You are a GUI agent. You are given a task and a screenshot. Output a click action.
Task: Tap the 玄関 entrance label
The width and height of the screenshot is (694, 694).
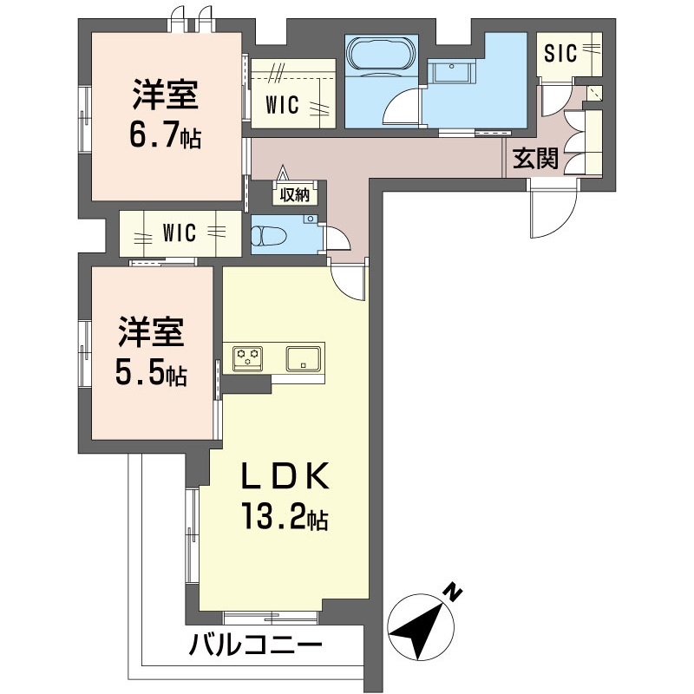[534, 159]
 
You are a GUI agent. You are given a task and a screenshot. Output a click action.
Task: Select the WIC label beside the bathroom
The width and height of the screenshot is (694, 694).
[283, 106]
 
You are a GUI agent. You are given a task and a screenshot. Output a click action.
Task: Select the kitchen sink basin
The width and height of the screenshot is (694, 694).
[304, 356]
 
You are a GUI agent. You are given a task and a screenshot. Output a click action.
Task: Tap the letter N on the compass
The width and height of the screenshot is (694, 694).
[452, 593]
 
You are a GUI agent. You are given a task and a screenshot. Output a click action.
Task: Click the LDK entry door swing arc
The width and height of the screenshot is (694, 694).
[350, 282]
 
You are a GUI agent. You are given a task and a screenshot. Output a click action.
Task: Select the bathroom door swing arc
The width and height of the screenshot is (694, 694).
[401, 108]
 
